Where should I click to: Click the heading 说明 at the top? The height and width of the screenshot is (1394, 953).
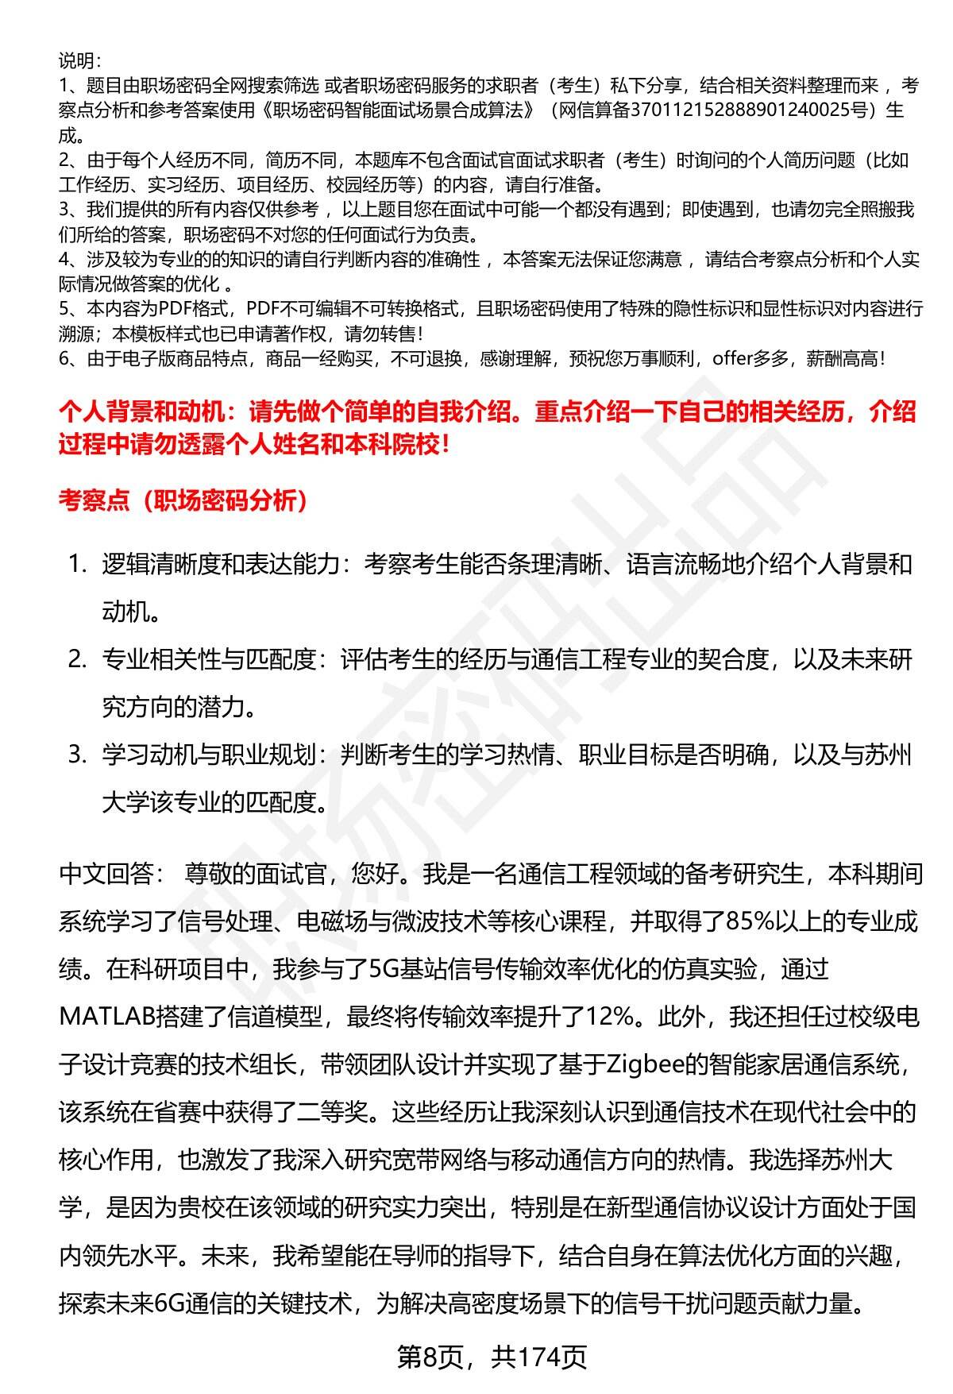pyautogui.click(x=77, y=60)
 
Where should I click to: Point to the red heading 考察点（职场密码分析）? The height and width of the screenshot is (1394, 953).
pyautogui.click(x=183, y=501)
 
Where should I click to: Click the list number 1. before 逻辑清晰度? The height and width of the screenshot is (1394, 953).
pyautogui.click(x=77, y=565)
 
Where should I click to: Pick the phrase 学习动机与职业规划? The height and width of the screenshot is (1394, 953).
pyautogui.click(x=210, y=755)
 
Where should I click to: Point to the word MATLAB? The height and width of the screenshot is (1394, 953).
pyautogui.click(x=108, y=1017)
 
